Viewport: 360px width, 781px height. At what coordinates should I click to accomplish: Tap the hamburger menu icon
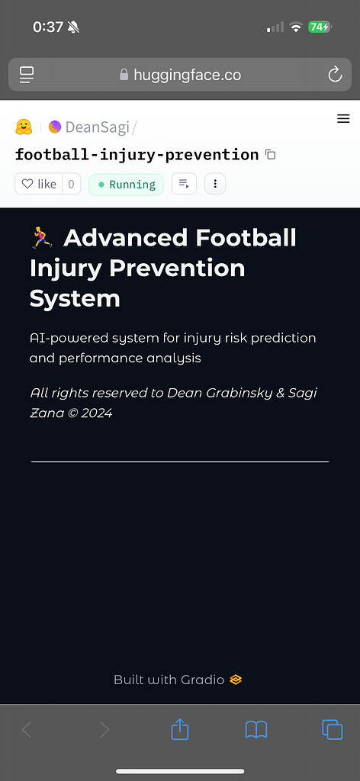point(343,118)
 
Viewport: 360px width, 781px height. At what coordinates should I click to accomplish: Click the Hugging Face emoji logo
point(24,127)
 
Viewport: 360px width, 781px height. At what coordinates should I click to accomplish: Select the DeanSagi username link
point(97,127)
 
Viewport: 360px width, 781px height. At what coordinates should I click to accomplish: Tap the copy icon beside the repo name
point(270,154)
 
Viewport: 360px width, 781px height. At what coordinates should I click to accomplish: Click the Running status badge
point(126,185)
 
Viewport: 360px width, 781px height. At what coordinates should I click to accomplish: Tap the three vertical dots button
point(215,184)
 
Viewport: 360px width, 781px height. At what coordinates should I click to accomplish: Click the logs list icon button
point(184,184)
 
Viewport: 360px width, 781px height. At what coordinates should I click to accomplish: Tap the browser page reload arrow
point(335,75)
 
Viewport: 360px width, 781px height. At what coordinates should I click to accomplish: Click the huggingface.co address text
point(187,75)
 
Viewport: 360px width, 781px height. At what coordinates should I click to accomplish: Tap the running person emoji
point(42,238)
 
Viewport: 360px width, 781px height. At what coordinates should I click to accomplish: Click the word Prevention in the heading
point(177,268)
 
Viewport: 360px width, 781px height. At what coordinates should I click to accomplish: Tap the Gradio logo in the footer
point(236,680)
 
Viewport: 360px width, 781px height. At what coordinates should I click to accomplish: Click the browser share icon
point(180,730)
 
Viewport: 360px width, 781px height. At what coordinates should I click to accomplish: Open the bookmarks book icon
point(256,730)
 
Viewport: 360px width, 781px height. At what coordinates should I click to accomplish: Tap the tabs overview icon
point(332,730)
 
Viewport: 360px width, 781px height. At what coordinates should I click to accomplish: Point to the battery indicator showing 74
point(319,27)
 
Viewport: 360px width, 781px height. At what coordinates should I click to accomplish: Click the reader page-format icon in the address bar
point(27,75)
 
